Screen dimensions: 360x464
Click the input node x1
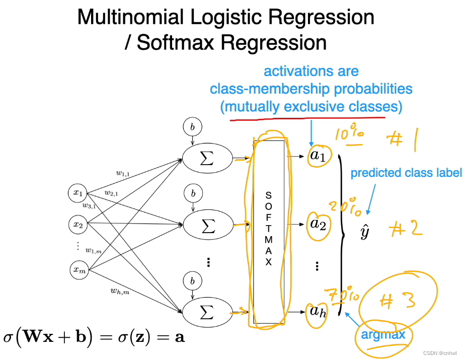[x=78, y=192]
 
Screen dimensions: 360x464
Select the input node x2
[x=78, y=225]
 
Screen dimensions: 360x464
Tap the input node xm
[x=79, y=270]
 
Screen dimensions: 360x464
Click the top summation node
[x=206, y=158]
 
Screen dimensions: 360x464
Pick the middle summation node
[x=206, y=226]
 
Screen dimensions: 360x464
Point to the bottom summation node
[x=206, y=312]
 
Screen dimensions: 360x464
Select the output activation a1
[x=318, y=157]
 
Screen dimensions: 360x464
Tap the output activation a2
[x=318, y=223]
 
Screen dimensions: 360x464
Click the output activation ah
[x=318, y=312]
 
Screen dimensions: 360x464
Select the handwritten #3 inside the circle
[x=397, y=301]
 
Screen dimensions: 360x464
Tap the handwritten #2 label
[x=406, y=229]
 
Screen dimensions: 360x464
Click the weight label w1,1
[x=122, y=174]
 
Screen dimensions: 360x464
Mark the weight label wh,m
[x=120, y=291]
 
